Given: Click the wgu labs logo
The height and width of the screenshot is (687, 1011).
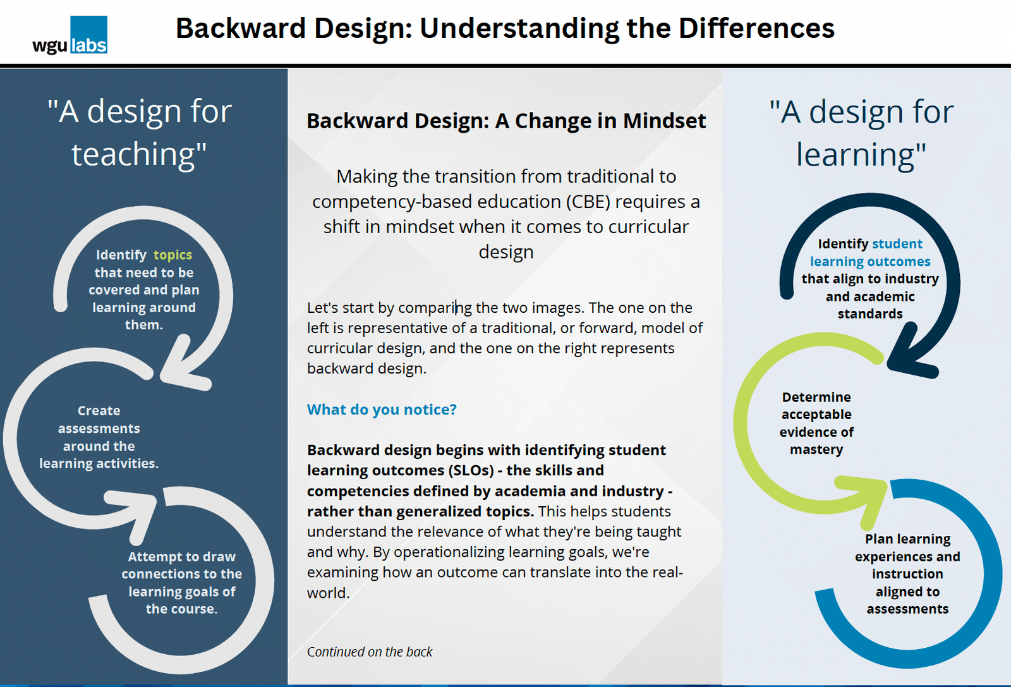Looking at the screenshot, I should [x=70, y=36].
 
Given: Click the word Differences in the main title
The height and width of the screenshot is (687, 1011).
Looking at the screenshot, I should [x=756, y=28].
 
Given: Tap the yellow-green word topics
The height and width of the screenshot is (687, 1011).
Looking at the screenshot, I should [x=173, y=255].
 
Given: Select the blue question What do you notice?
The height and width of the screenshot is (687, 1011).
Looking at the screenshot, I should [x=382, y=410].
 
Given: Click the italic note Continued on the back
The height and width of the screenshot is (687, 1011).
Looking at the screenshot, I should [x=370, y=652].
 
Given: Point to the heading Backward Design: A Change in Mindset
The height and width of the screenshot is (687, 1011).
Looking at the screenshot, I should [x=505, y=121].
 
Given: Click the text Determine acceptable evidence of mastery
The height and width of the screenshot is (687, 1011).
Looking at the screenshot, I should [x=816, y=423].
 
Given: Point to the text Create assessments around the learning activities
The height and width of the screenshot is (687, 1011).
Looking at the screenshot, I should [x=99, y=437].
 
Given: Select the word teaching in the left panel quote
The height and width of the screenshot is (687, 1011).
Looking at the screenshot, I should [x=138, y=154].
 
